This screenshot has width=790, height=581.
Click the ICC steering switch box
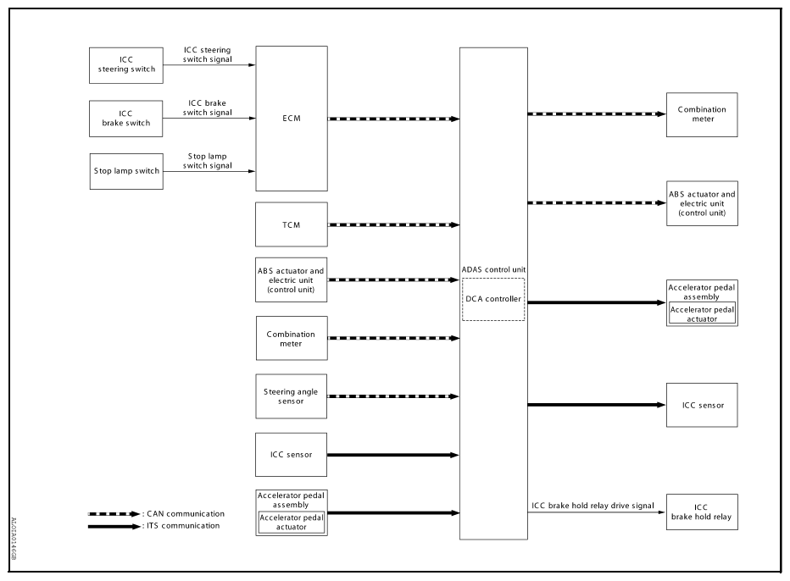126,65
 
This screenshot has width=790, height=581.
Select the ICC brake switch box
126,119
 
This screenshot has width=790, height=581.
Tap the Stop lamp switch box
126,171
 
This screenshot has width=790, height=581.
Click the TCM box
292,224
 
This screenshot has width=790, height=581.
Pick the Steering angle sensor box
292,396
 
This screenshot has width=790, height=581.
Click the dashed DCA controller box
493,299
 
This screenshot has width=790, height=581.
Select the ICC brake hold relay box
702,512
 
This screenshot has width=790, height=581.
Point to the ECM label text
292,119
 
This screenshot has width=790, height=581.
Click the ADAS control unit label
493,270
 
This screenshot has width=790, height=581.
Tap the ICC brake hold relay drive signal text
592,506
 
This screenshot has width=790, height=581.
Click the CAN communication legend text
186,514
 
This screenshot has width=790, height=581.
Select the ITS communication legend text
183,526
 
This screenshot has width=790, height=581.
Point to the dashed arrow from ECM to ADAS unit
393,119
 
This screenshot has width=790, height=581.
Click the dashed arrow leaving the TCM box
393,225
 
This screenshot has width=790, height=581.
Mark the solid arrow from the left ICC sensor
393,455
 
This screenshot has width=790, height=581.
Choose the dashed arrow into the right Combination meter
597,114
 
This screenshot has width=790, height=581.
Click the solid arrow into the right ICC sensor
597,405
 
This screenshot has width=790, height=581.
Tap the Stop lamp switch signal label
207,161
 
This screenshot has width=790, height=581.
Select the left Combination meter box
292,338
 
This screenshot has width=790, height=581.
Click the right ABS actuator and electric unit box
703,203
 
